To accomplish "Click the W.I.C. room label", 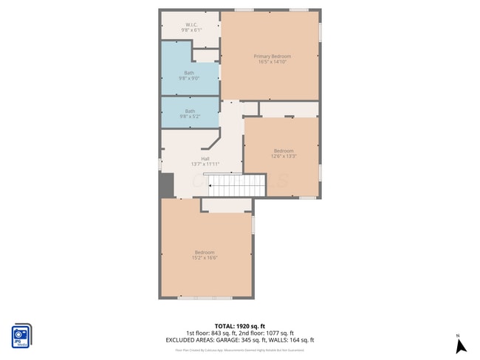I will (x=191, y=24).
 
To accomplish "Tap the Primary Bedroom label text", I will (x=272, y=56).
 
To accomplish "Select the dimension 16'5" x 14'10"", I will (x=272, y=62).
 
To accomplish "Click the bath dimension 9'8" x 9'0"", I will (x=190, y=77).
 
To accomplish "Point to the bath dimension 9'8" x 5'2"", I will (x=190, y=116).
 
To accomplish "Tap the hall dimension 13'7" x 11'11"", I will (x=205, y=164).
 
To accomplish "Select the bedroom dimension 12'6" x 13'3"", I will (x=284, y=156).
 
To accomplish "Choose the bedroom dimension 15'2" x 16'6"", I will (x=205, y=257).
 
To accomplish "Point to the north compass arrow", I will (x=459, y=347).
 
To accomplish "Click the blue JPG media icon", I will (x=21, y=336).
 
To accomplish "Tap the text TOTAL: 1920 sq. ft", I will (x=240, y=325).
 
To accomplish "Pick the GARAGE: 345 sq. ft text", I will (x=241, y=340).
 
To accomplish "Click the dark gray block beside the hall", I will (x=166, y=184).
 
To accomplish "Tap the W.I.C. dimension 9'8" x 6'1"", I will (x=191, y=30).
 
